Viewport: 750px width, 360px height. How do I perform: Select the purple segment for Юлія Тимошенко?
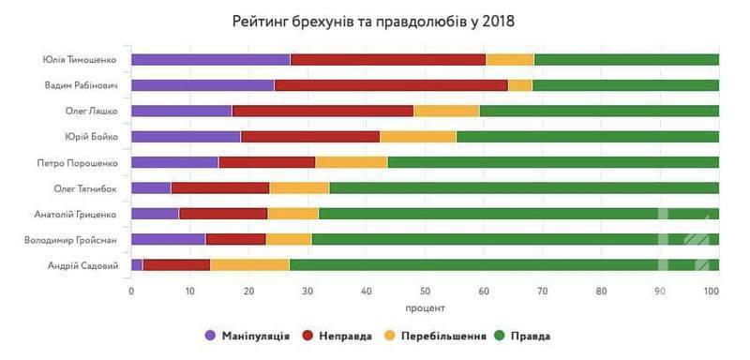pos(210,60)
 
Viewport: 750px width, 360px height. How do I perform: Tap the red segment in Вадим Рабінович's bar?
pos(391,85)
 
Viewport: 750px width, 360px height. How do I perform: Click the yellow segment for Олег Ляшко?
pos(446,111)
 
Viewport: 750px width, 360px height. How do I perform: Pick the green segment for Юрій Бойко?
pos(588,137)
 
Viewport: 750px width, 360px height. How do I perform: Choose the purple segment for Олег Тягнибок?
pos(151,188)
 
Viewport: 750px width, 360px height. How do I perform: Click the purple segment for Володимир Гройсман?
pos(168,240)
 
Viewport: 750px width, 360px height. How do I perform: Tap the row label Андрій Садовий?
pos(82,266)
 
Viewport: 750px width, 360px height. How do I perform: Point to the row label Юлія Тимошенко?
pos(80,60)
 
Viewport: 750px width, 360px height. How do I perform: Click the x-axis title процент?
pos(425,307)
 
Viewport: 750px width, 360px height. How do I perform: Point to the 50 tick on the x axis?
pos(425,291)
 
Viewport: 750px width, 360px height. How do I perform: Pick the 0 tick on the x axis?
pos(131,291)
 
